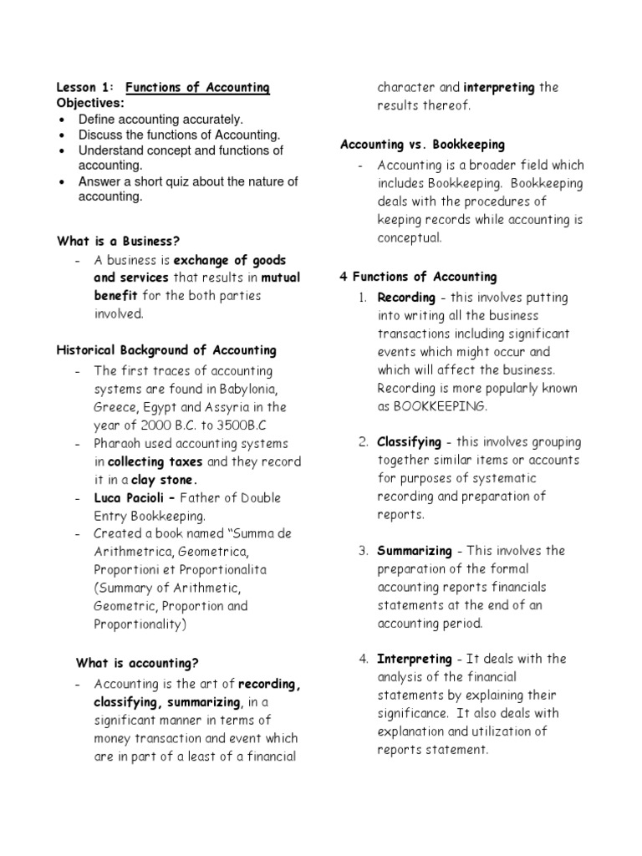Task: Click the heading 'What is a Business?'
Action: click(x=119, y=242)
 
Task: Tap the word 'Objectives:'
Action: click(x=90, y=103)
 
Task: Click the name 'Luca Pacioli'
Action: click(x=128, y=498)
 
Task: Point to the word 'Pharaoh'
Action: click(x=122, y=444)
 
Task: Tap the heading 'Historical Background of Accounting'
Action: click(x=166, y=350)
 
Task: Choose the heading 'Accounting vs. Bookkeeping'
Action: click(x=423, y=145)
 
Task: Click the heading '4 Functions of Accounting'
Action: click(x=419, y=277)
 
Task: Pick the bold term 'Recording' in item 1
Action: click(x=406, y=298)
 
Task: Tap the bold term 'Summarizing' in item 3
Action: click(x=414, y=551)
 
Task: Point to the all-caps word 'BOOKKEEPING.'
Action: click(x=445, y=406)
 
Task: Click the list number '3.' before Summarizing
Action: click(x=364, y=551)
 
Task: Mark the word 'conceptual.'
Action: click(x=410, y=237)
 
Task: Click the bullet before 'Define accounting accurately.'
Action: click(x=64, y=120)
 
